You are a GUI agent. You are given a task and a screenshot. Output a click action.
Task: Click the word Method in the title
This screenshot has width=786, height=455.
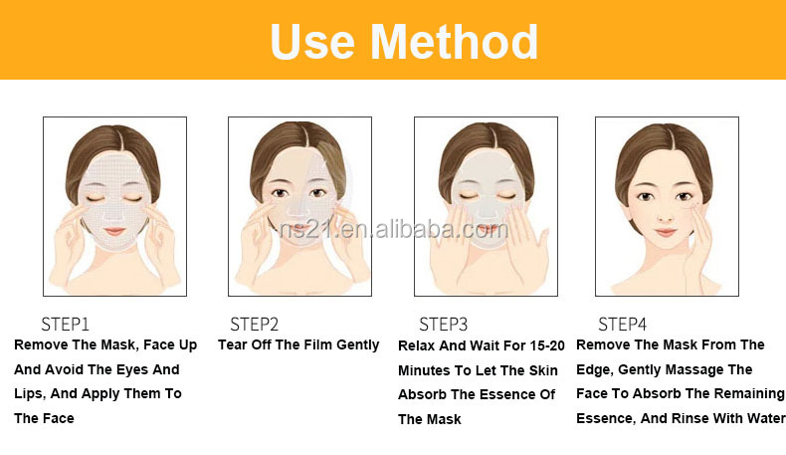coord(454,42)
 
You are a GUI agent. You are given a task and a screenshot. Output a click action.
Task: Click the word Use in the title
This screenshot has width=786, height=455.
coord(312,43)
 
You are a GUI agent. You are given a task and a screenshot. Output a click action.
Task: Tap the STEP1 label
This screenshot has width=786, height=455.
coord(65,325)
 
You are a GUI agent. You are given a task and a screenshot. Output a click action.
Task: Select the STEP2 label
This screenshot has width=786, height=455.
coord(254,325)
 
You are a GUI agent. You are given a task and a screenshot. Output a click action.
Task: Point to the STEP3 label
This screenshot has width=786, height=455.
coord(443,325)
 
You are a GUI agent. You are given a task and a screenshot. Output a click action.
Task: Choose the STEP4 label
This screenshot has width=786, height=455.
coord(622,325)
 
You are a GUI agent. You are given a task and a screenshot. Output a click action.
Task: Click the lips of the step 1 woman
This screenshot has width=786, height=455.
coord(114,231)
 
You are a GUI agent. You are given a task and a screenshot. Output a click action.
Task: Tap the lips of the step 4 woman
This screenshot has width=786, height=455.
coord(666,233)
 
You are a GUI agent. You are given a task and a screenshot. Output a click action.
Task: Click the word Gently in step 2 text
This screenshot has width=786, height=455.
coord(358,345)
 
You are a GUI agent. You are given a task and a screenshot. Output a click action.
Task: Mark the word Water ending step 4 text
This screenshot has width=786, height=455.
coord(766,418)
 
